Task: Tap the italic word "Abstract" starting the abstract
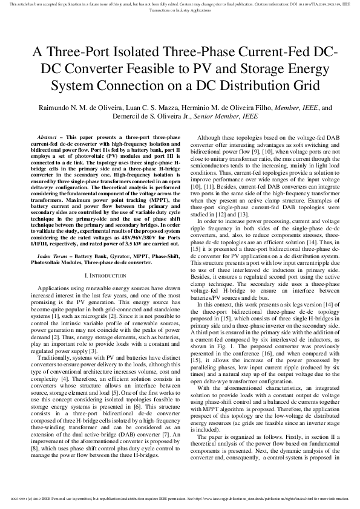[x=49, y=138]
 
